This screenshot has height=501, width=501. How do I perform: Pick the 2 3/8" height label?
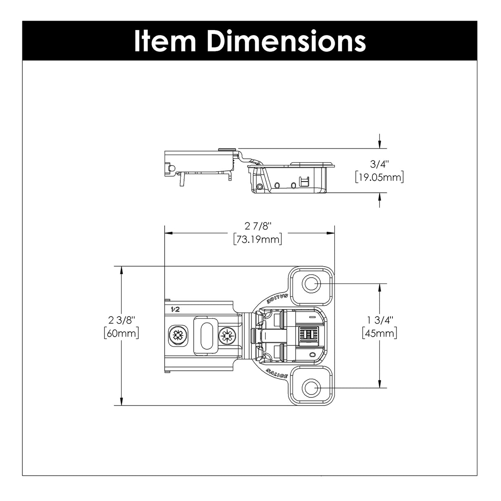tap(121, 320)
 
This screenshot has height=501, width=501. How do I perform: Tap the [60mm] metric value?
tap(121, 333)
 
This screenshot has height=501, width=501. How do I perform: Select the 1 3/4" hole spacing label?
tap(379, 320)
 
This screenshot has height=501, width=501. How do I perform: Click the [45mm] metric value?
tap(379, 333)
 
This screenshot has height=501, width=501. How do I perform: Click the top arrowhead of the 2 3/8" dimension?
tap(121, 270)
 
